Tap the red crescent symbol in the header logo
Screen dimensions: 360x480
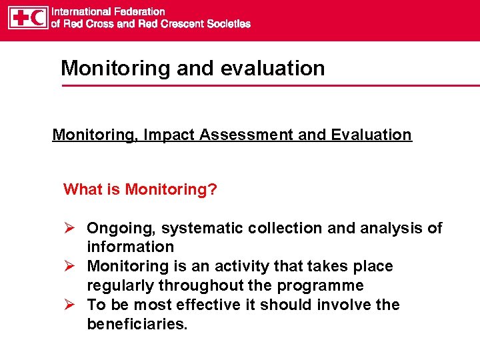(x=38, y=18)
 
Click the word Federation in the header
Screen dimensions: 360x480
(x=139, y=11)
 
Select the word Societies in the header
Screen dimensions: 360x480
(x=229, y=24)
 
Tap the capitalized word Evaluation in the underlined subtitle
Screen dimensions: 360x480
(x=370, y=135)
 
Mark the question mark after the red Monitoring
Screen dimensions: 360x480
(x=213, y=189)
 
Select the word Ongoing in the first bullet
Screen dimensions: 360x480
(x=121, y=229)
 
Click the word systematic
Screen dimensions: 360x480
(x=203, y=229)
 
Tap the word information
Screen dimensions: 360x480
(x=130, y=247)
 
